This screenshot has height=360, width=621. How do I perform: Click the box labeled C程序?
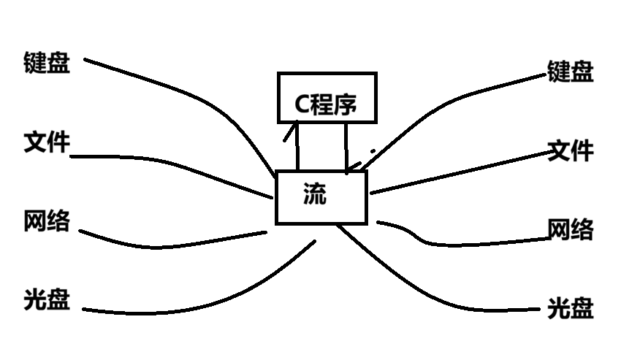tap(327, 96)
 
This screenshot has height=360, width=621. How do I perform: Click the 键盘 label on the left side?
tap(47, 63)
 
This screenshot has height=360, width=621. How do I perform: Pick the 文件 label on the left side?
tap(47, 142)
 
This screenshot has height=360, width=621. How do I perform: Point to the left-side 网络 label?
tap(47, 221)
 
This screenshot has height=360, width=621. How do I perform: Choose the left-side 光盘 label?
tap(47, 300)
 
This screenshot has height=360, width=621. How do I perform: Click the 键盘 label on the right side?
tap(571, 72)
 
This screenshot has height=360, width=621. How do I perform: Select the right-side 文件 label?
tap(571, 151)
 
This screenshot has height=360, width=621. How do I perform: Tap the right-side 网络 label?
tap(571, 230)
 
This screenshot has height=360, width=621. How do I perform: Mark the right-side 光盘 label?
tap(571, 308)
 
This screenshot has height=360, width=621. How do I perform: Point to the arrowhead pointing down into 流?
tap(351, 167)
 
